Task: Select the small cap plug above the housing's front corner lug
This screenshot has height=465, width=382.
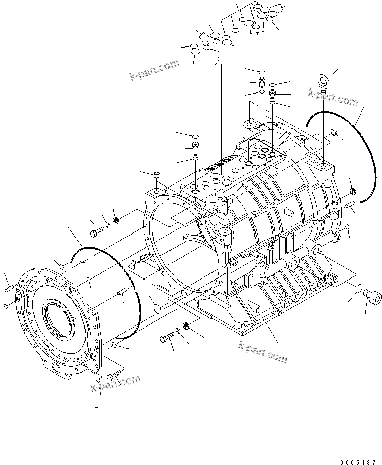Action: coord(156,175)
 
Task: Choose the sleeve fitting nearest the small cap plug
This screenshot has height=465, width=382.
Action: coord(195,150)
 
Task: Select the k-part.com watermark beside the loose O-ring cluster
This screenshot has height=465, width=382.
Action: coord(155,70)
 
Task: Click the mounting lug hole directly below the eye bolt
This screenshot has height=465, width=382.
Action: coord(323,166)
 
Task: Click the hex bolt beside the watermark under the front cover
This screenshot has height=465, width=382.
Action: coord(114,374)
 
